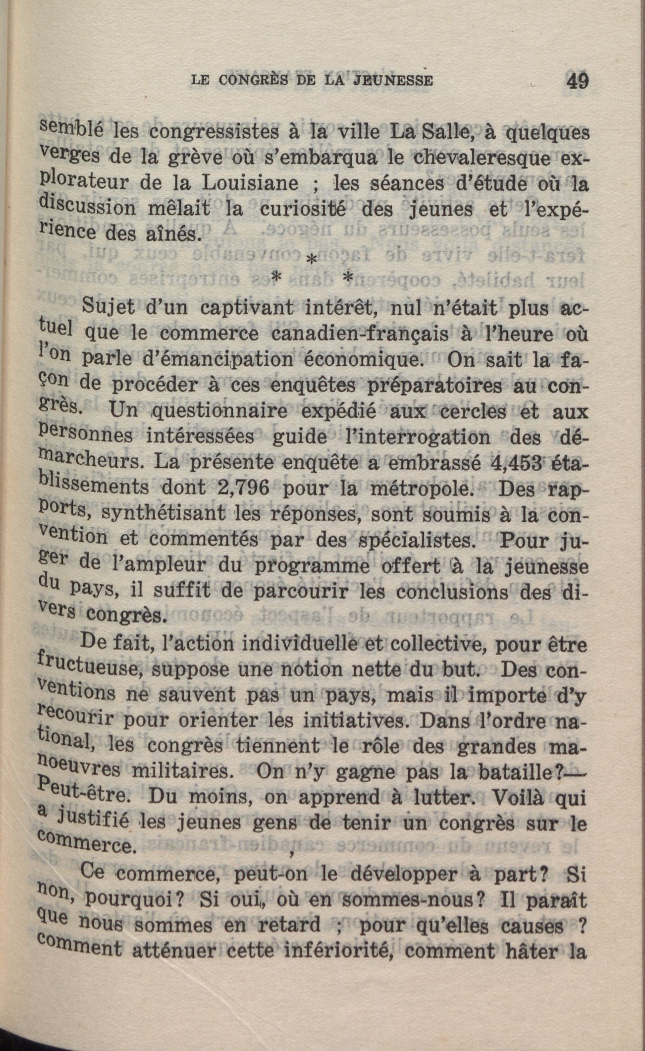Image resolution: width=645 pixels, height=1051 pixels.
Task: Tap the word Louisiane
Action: (251, 183)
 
